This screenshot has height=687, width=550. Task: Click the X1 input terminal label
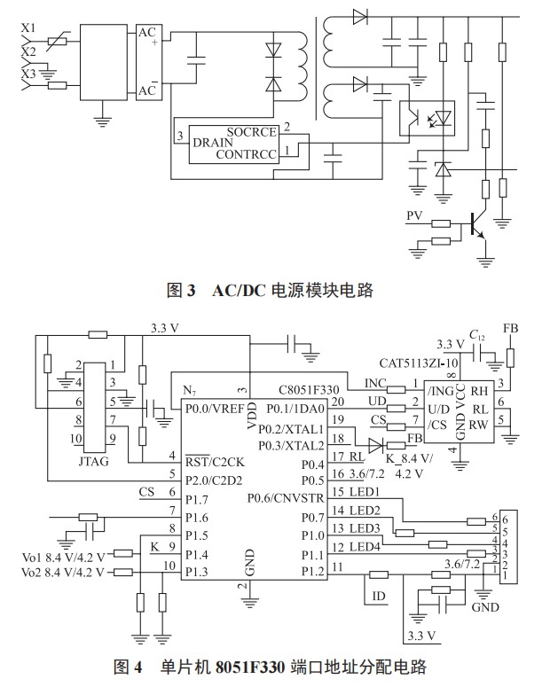[28, 27]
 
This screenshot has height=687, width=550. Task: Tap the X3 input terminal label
[28, 73]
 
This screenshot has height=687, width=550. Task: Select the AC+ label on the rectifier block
[147, 35]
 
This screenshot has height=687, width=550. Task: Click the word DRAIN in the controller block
[212, 142]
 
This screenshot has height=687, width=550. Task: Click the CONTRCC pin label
[247, 154]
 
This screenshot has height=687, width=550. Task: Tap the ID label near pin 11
[379, 596]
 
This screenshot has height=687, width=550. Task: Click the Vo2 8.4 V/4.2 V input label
[63, 572]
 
